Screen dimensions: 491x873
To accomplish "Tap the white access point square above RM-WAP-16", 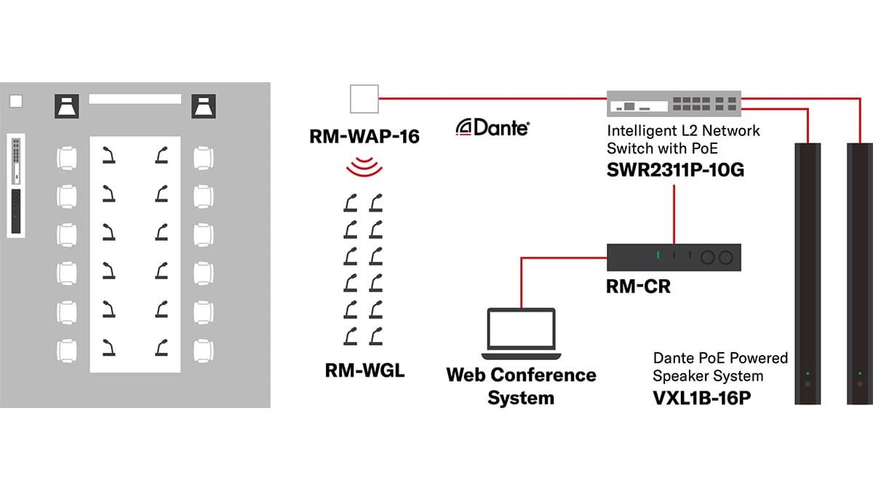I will tap(364, 99).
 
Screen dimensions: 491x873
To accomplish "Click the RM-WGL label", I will tap(364, 372).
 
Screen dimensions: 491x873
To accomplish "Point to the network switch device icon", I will tap(674, 103).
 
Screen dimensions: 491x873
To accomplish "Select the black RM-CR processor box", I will tap(674, 257).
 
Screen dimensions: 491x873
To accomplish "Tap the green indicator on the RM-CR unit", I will tap(656, 256).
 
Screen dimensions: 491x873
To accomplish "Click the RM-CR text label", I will tap(638, 287).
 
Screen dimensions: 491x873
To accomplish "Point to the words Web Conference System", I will tap(521, 386).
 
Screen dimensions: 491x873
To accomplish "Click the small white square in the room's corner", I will tap(16, 101).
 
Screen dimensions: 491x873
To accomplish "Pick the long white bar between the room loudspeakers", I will tap(135, 99).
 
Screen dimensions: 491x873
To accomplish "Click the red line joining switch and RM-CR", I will tap(675, 215).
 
